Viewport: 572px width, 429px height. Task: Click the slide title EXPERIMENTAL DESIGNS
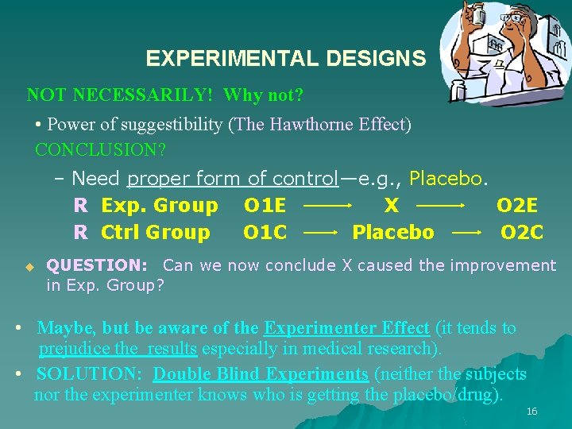point(285,59)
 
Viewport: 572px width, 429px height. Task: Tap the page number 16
point(531,411)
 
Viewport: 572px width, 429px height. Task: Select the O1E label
point(265,206)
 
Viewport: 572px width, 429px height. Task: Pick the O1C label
point(265,233)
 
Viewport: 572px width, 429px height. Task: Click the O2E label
point(517,206)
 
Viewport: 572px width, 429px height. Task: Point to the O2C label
point(521,233)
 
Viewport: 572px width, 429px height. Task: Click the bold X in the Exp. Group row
point(391,206)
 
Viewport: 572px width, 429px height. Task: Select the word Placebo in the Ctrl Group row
point(393,233)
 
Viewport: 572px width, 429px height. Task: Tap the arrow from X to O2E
point(441,206)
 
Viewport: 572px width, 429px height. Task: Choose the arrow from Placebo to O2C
point(467,234)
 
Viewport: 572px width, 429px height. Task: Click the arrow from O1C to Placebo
point(320,234)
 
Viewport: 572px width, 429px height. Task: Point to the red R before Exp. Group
point(80,206)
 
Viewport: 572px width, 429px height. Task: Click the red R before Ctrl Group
point(80,233)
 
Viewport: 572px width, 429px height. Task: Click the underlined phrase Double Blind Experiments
point(261,374)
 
